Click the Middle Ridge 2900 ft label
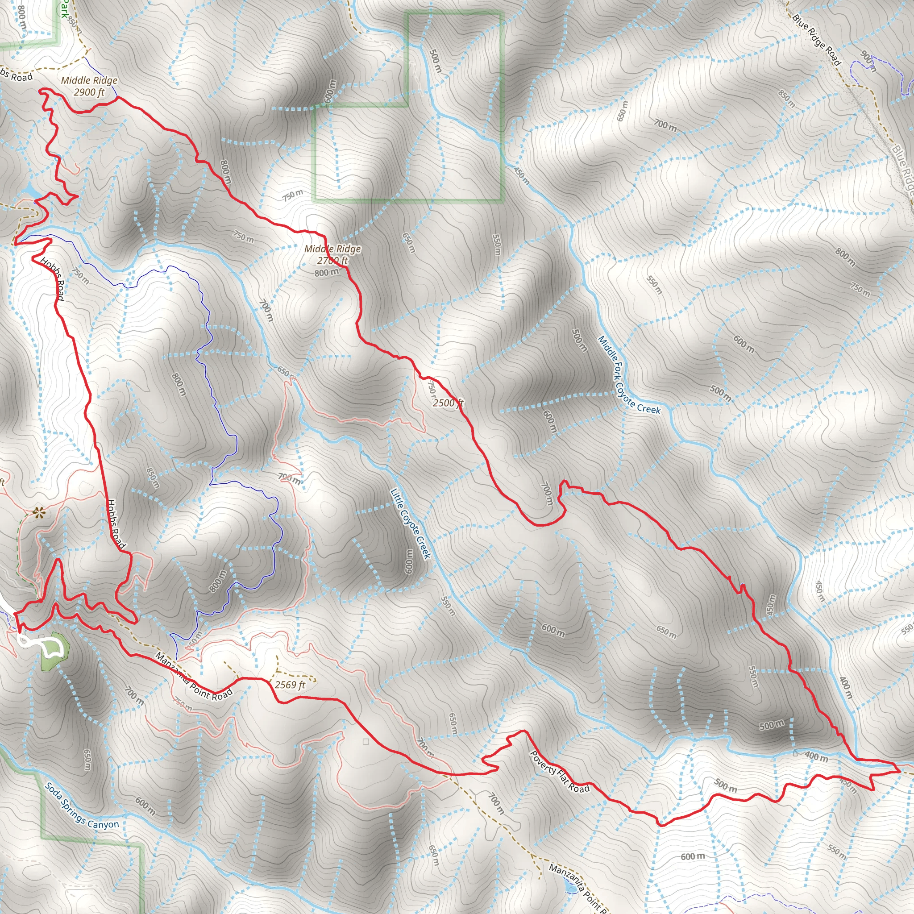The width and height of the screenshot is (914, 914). click(89, 86)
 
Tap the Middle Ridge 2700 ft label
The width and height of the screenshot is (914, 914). click(332, 254)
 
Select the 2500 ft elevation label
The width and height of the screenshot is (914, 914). click(448, 403)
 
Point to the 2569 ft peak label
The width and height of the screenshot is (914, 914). click(290, 685)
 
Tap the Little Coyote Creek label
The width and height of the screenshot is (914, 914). click(411, 523)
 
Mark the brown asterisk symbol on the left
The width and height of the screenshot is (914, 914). click(38, 511)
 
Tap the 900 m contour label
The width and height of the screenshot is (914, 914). click(868, 62)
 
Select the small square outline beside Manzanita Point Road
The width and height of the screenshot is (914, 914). click(366, 742)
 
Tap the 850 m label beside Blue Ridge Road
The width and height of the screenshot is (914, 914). click(787, 98)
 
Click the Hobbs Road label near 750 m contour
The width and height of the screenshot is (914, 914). click(52, 279)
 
